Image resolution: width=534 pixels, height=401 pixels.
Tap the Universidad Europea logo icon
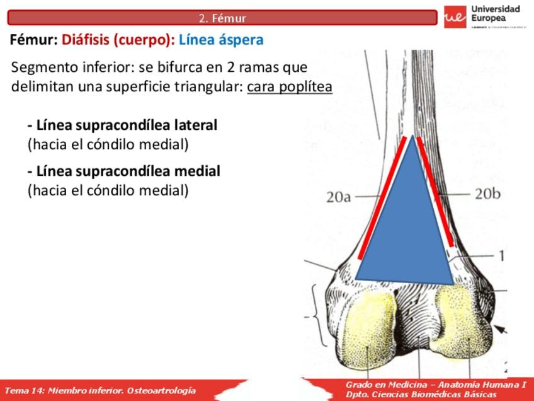[455, 17]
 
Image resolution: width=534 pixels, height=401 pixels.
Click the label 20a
[338, 197]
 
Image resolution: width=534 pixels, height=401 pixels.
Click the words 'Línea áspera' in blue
[221, 40]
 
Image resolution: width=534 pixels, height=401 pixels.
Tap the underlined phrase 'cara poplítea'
[290, 86]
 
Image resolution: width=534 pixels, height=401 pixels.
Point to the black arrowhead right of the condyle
[501, 328]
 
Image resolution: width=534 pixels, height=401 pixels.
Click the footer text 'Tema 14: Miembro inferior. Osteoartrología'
[100, 390]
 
